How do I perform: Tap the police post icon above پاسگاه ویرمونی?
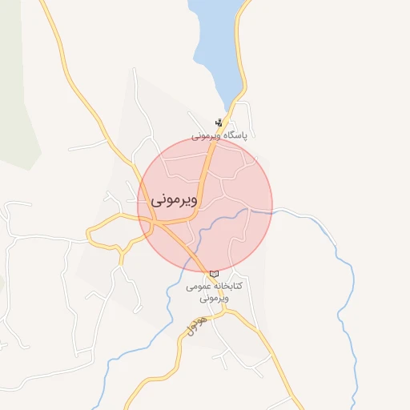(219, 123)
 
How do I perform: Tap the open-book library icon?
(213, 274)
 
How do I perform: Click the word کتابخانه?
(227, 286)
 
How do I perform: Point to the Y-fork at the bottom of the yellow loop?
(122, 251)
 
